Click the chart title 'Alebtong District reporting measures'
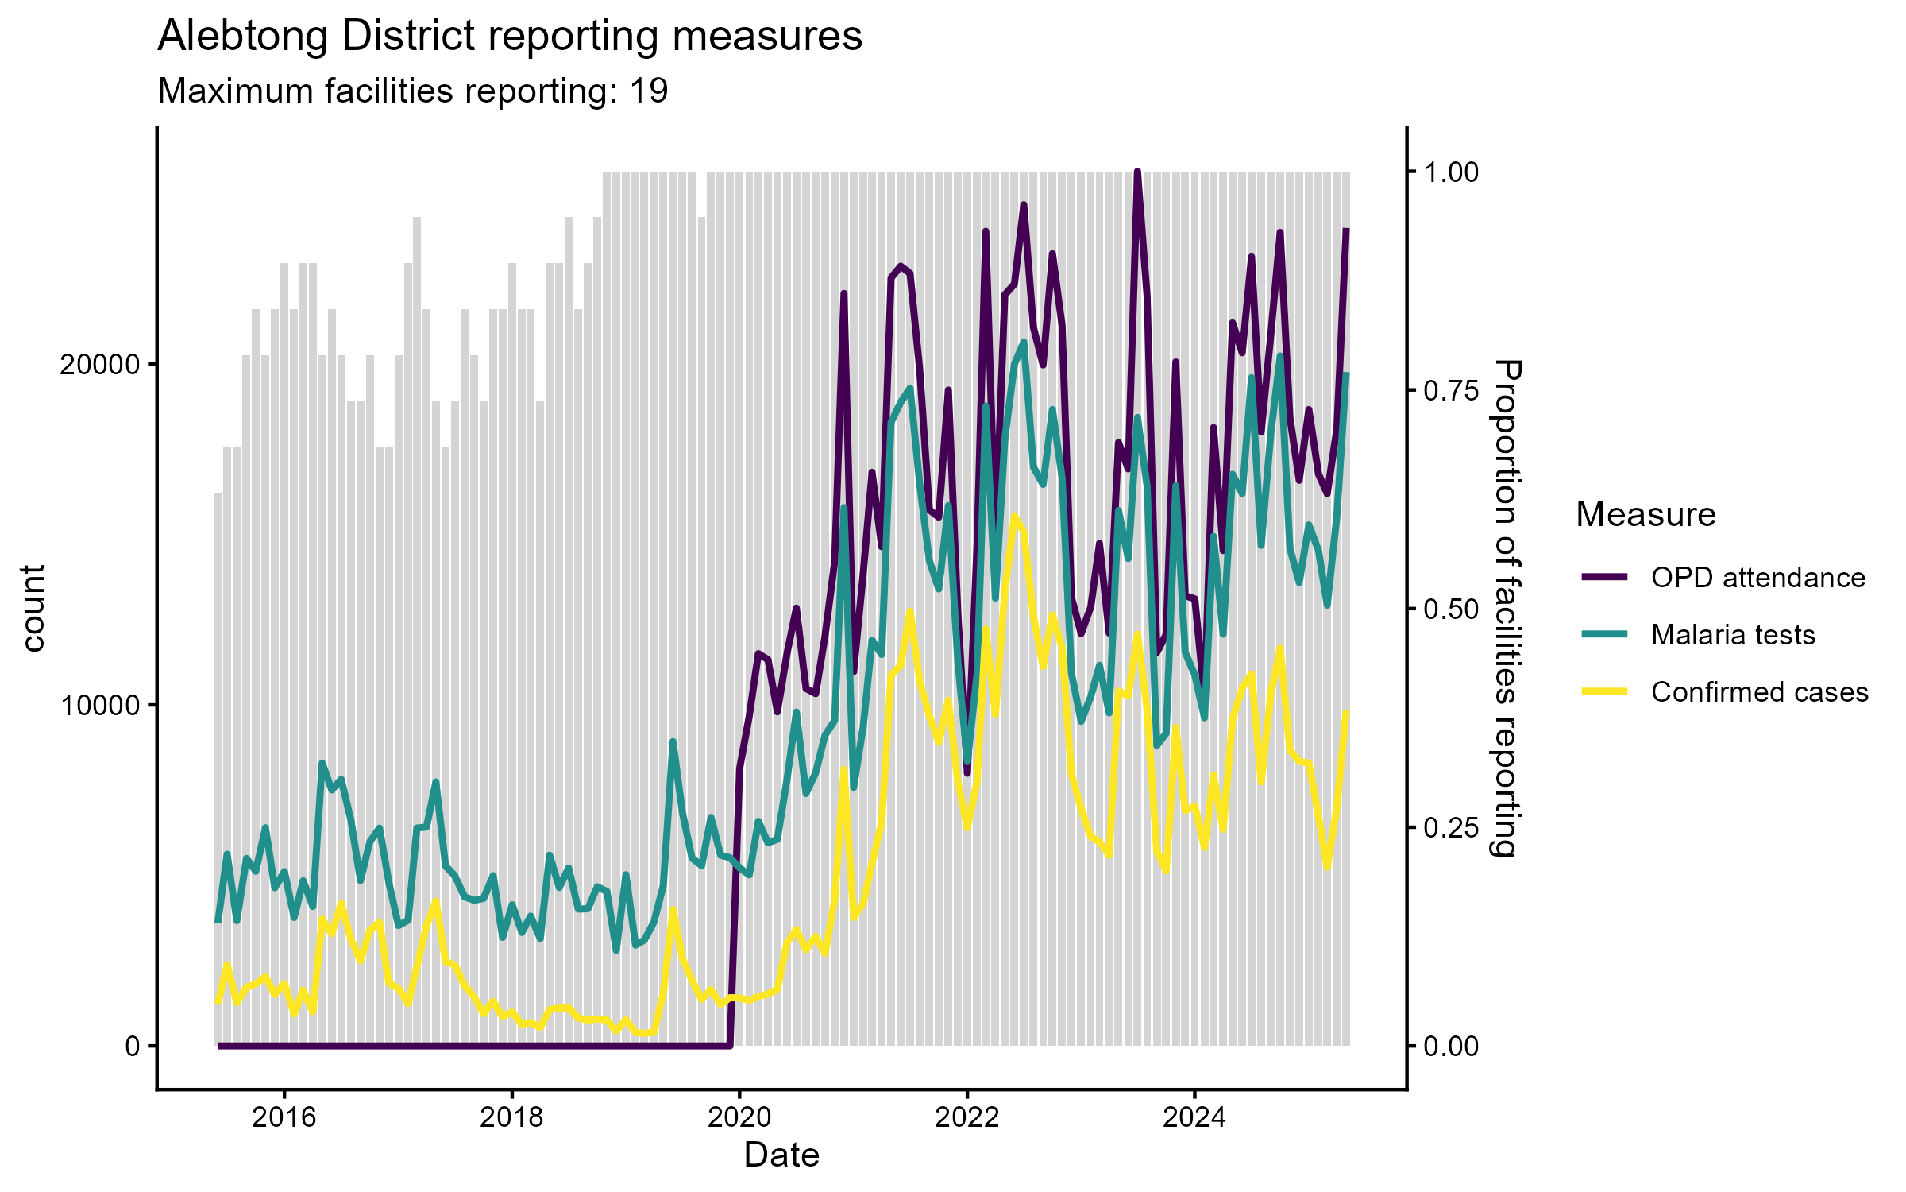pos(510,37)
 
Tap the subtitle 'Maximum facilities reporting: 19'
pos(413,91)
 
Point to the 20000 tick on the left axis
pos(100,365)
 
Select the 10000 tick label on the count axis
pos(100,706)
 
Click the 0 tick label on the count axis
pos(133,1047)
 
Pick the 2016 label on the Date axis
pos(284,1118)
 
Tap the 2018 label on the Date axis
pos(512,1118)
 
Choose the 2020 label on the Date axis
pos(739,1118)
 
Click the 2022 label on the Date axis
pos(967,1118)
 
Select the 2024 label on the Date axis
pos(1194,1118)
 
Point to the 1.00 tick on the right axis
pos(1451,172)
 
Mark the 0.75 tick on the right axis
pos(1451,390)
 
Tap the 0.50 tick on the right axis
pos(1451,610)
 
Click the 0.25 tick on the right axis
pos(1451,828)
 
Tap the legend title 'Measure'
pos(1646,514)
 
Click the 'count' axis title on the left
pos(33,608)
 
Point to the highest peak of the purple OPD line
pos(1137,172)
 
